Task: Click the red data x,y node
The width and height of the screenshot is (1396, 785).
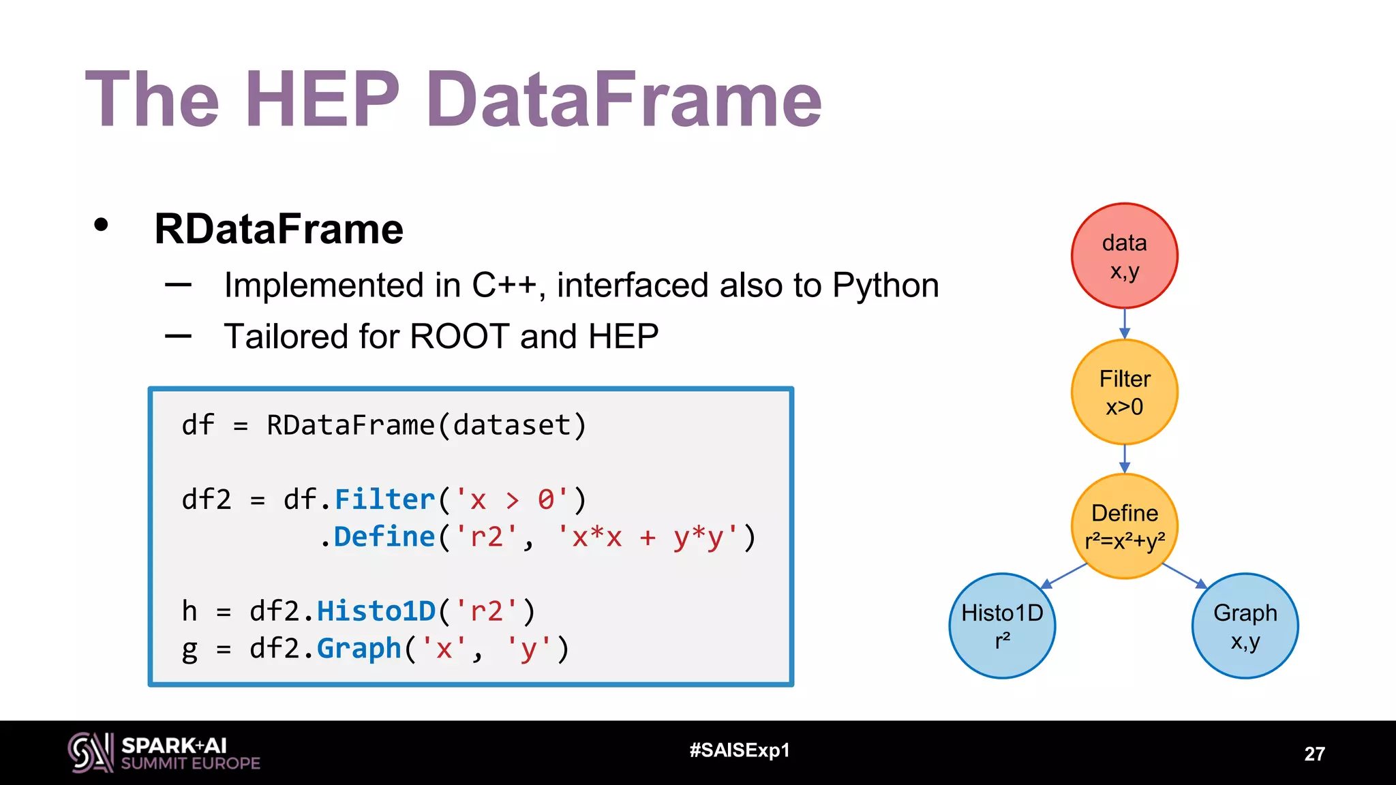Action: [x=1124, y=256]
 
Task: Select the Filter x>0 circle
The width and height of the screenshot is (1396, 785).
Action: [x=1124, y=392]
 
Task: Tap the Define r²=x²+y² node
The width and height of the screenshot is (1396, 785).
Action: [x=1124, y=526]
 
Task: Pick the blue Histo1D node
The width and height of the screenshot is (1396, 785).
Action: [x=1002, y=626]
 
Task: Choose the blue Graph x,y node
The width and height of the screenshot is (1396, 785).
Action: [x=1245, y=626]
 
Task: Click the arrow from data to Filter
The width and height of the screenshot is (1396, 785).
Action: [x=1124, y=324]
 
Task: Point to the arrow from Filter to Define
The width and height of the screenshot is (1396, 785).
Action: [x=1124, y=459]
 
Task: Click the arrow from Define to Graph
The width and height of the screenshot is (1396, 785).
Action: [x=1185, y=576]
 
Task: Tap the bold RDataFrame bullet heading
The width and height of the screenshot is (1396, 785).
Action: [x=279, y=229]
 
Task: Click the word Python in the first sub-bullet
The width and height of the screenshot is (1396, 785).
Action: [x=885, y=286]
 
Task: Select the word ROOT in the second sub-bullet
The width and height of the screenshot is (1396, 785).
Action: [x=459, y=337]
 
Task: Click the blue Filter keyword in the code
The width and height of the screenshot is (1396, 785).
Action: [x=384, y=499]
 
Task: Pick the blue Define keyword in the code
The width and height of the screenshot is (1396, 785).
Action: [x=384, y=537]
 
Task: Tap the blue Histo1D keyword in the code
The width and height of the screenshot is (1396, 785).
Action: [x=376, y=611]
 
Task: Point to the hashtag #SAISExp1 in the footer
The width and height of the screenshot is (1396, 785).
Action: [x=740, y=750]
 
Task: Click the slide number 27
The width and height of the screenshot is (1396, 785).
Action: [x=1314, y=754]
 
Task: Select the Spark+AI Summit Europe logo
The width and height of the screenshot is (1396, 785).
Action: [x=164, y=753]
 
